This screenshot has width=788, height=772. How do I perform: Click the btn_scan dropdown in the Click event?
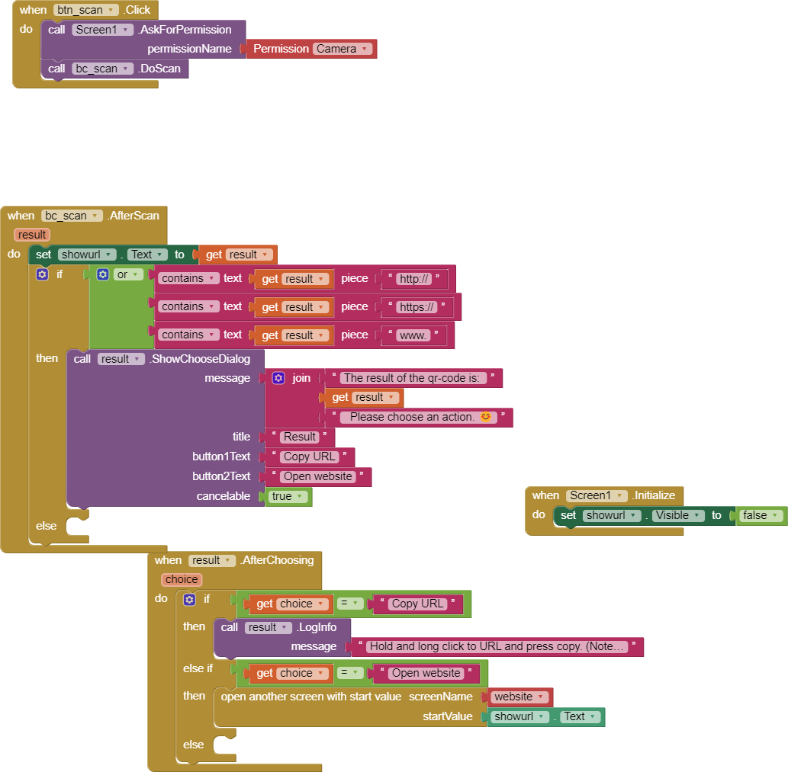coord(86,10)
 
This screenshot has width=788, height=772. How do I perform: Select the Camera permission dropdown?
coord(343,49)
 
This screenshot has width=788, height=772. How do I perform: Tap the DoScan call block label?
coord(159,69)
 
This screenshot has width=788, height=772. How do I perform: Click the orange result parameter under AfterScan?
coord(32,235)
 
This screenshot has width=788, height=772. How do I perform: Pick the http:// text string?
coord(414,279)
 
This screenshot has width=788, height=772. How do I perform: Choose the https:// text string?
coord(417,306)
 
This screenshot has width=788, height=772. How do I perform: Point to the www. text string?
coord(413,335)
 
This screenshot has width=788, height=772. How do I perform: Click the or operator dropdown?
coord(127,274)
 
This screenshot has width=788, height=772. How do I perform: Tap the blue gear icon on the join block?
coord(278,378)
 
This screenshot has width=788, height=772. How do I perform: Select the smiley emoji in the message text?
coord(485,417)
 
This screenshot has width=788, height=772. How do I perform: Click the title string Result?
coord(300,437)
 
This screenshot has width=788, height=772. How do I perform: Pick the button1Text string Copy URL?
coord(310,456)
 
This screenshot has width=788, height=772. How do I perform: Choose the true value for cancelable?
coord(288,496)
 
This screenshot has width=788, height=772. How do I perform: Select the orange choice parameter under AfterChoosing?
coord(182,580)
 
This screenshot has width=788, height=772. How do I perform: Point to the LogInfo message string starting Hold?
coord(497,646)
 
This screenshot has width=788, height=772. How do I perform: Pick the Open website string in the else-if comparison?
coord(426,673)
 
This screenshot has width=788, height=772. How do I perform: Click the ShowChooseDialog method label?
coord(201,359)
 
